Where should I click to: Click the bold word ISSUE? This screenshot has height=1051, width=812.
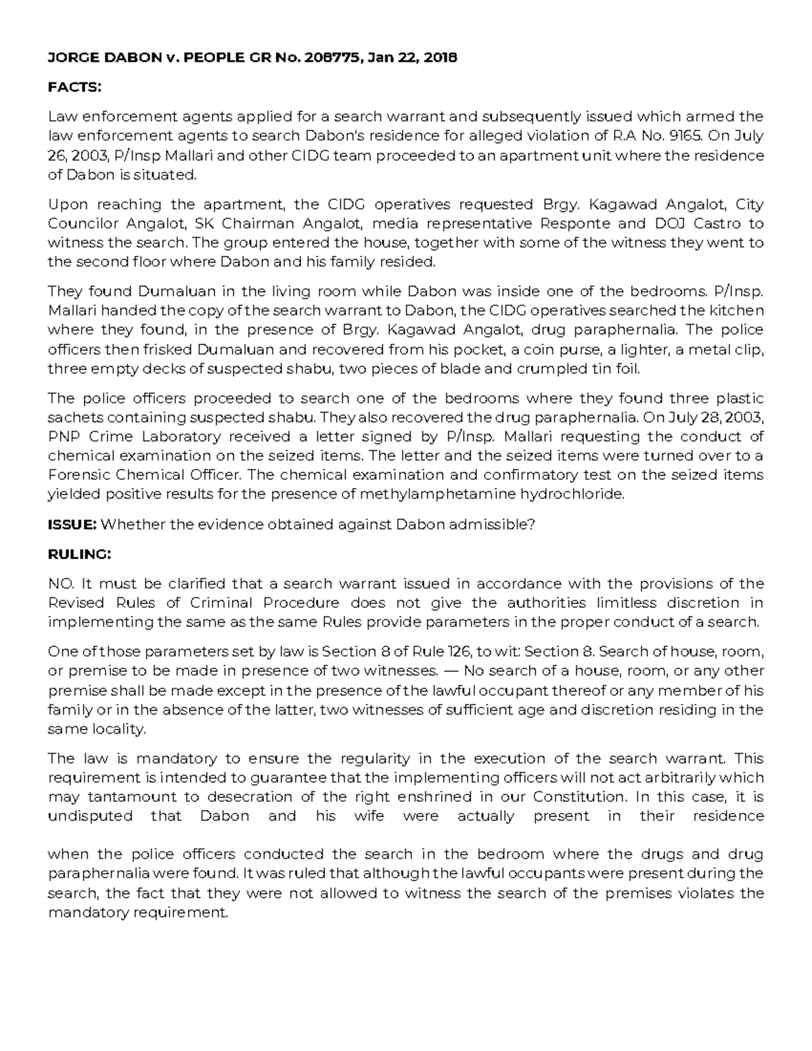coord(72,524)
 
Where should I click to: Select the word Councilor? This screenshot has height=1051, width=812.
coord(81,223)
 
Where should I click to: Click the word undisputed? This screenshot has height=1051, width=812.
coord(89,815)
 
